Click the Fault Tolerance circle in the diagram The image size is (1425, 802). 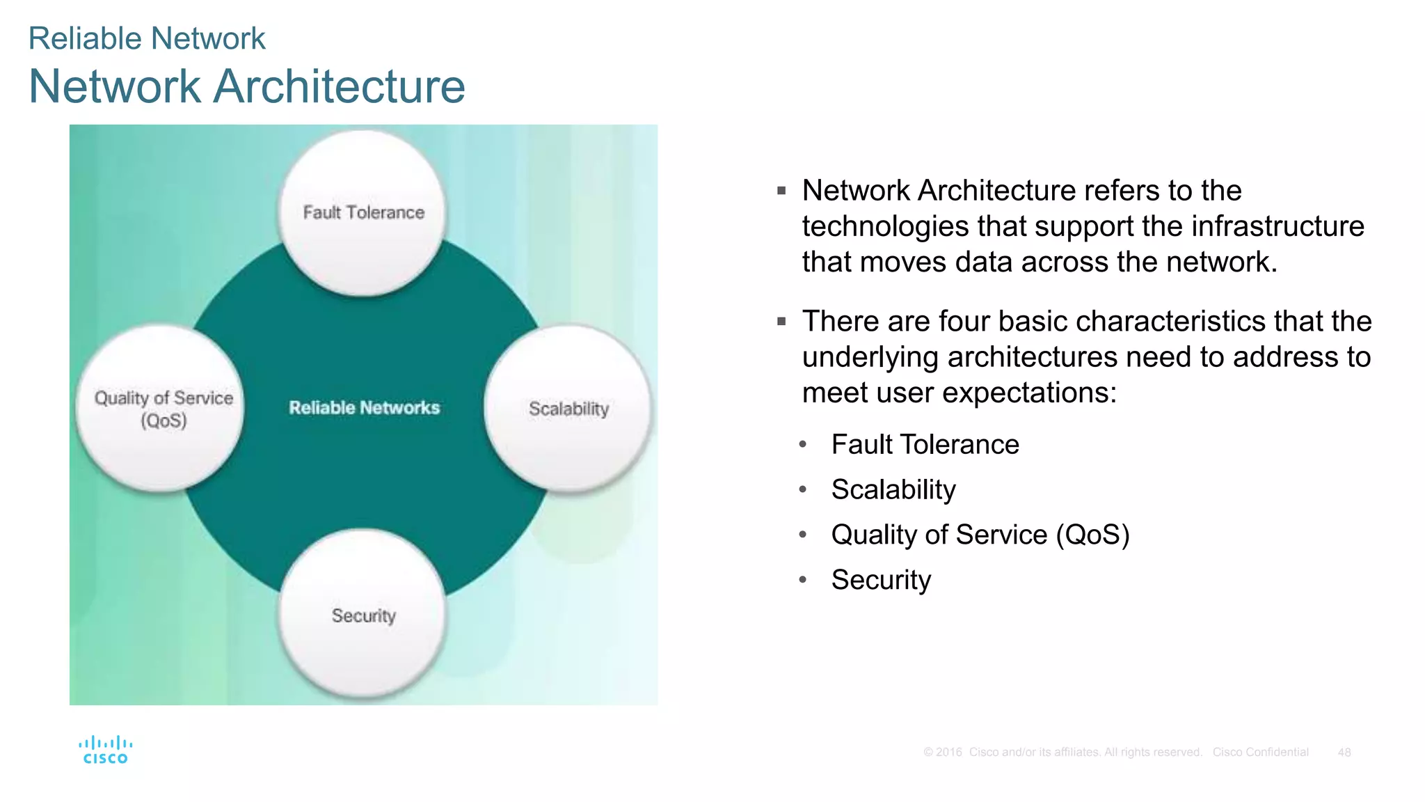pos(363,213)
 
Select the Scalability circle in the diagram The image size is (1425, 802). pos(568,409)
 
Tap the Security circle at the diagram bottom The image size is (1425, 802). pos(363,615)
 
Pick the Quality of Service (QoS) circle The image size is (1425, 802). pos(163,409)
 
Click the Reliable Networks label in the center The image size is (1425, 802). pos(364,408)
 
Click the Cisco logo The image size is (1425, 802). pos(105,750)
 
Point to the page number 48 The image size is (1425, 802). pos(1344,753)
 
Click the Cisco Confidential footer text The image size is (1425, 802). pos(1260,753)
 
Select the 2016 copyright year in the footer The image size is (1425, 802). pos(948,753)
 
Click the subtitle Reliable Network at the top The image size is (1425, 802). pos(147,38)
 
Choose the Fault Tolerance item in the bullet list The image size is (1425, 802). pos(925,444)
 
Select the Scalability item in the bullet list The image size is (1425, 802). pos(893,489)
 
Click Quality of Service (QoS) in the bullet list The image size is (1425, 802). pos(980,535)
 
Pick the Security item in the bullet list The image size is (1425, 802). pos(881,580)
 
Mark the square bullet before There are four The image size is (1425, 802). pos(781,322)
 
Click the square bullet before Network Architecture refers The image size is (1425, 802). pos(781,191)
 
